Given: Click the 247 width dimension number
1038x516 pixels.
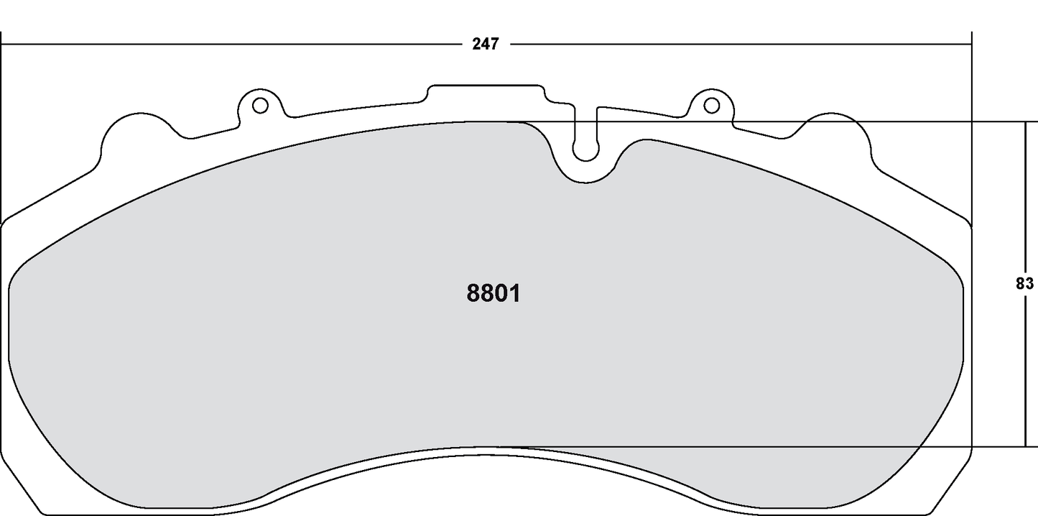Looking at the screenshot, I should coord(485,44).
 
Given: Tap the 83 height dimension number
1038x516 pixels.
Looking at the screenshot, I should coord(1024,283).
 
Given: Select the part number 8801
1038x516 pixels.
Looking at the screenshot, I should coord(493,293).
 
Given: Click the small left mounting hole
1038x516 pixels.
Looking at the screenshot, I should coord(260,106).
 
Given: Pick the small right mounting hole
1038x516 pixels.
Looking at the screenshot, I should coord(711,106).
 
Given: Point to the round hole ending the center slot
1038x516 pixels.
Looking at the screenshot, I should coord(585,151).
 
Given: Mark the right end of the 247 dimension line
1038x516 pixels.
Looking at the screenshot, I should coord(970,44).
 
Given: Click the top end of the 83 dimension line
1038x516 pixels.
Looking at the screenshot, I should coord(1024,123).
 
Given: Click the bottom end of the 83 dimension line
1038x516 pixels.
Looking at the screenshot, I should coord(1024,446).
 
